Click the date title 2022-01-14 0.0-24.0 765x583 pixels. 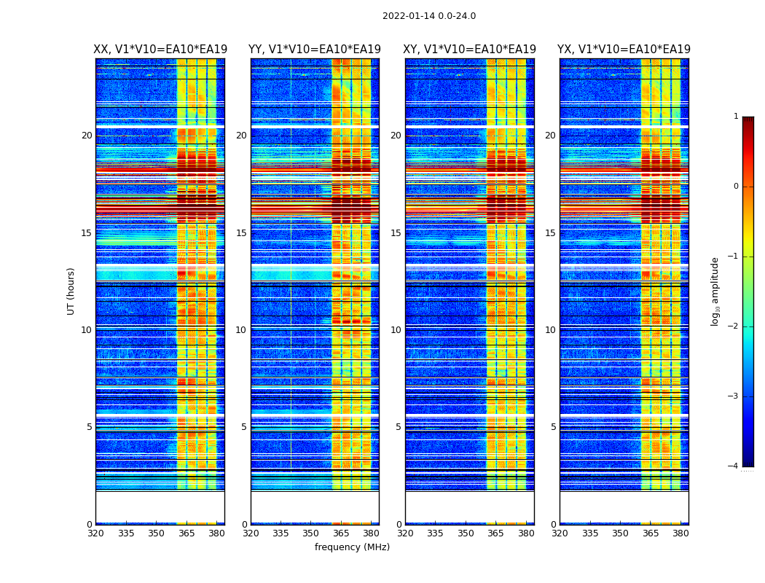click(x=429, y=16)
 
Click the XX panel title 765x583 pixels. click(x=160, y=50)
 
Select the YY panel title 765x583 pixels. click(x=315, y=50)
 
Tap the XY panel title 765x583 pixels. click(x=469, y=50)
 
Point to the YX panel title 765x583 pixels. click(x=624, y=50)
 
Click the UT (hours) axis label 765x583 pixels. click(x=71, y=291)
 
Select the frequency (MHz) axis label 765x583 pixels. click(x=352, y=547)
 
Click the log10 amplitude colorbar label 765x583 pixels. click(x=715, y=291)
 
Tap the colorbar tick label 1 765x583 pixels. click(x=736, y=117)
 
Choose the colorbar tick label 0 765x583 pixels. click(x=736, y=187)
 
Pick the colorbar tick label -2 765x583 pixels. click(x=734, y=326)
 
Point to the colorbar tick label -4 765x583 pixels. click(x=734, y=466)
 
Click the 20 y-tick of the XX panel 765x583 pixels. click(x=87, y=136)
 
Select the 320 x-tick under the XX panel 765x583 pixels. click(x=95, y=533)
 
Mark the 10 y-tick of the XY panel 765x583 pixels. click(x=396, y=330)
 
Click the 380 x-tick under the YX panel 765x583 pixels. click(x=680, y=533)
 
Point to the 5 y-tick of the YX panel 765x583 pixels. click(x=553, y=427)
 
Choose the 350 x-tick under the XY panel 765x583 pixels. click(x=466, y=533)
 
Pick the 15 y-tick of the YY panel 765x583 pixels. click(x=241, y=233)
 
